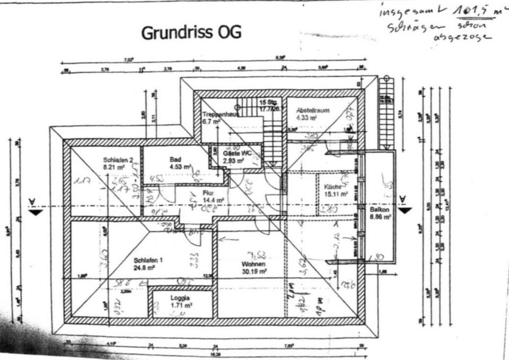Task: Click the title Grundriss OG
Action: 191,33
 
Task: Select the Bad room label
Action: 176,159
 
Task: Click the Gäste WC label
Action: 233,153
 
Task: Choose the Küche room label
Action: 332,187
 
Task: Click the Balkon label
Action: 380,209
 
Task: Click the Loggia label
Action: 180,298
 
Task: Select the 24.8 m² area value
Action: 144,268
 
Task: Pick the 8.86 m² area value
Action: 380,217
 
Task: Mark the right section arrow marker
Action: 405,208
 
